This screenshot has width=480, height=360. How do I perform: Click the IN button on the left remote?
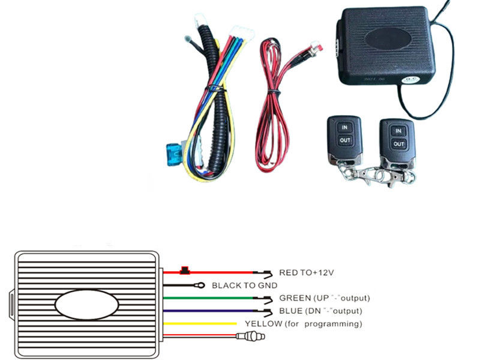pyautogui.click(x=344, y=127)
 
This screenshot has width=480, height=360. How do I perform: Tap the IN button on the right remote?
pyautogui.click(x=397, y=130)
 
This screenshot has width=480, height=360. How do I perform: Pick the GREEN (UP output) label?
pyautogui.click(x=324, y=298)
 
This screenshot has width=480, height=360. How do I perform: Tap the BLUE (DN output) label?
pyautogui.click(x=320, y=311)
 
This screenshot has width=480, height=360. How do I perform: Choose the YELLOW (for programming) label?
pyautogui.click(x=303, y=324)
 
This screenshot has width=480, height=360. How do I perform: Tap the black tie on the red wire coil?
pyautogui.click(x=272, y=91)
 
